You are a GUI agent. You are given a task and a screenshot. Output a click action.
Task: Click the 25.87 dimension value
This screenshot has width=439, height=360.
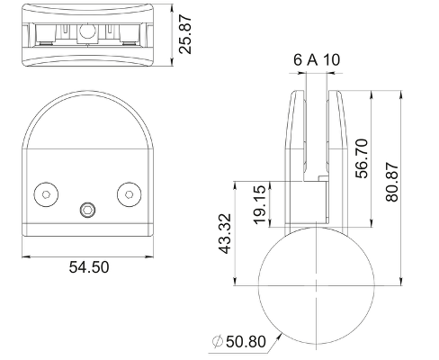pos(184,34)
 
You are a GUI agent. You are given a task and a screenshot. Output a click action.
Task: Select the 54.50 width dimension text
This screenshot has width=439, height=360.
pos(89,267)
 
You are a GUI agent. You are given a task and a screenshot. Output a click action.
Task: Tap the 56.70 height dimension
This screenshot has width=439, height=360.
pos(362,158)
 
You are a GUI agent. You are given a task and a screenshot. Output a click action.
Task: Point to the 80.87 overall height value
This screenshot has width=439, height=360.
pos(392,182)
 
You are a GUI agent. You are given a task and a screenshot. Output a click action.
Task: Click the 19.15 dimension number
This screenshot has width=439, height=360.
pos(260,204)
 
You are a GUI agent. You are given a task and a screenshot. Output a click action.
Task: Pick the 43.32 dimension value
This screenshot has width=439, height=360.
pos(225,234)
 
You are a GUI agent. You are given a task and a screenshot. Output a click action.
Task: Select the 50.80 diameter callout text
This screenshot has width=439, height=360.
pos(246,342)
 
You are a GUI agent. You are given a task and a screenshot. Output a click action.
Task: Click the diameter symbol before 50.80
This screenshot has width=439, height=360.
pos(218,342)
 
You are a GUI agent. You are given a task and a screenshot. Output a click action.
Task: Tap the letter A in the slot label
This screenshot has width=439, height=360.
pos(312,59)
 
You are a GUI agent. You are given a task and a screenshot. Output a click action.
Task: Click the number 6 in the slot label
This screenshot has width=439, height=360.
pos(298,59)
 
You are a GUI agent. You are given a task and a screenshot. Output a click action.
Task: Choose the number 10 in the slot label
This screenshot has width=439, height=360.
pos(332,59)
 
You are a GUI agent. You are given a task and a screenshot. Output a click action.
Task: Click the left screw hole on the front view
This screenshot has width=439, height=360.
pos(46,194)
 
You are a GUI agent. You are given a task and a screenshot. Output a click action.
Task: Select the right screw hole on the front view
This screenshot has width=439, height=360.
pos(130,194)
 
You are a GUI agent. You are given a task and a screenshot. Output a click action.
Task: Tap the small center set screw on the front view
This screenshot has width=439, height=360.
pos(88,210)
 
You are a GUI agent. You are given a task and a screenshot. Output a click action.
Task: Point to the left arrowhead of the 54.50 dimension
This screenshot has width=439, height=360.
pos(26,256)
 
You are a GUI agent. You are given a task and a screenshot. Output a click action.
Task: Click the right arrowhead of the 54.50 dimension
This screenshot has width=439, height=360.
pos(149,256)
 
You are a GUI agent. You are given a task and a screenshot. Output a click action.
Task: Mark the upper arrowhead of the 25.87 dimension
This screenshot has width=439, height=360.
pos(172,8)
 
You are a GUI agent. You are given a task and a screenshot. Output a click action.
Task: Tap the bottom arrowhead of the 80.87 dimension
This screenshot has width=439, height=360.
pos(401,281)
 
